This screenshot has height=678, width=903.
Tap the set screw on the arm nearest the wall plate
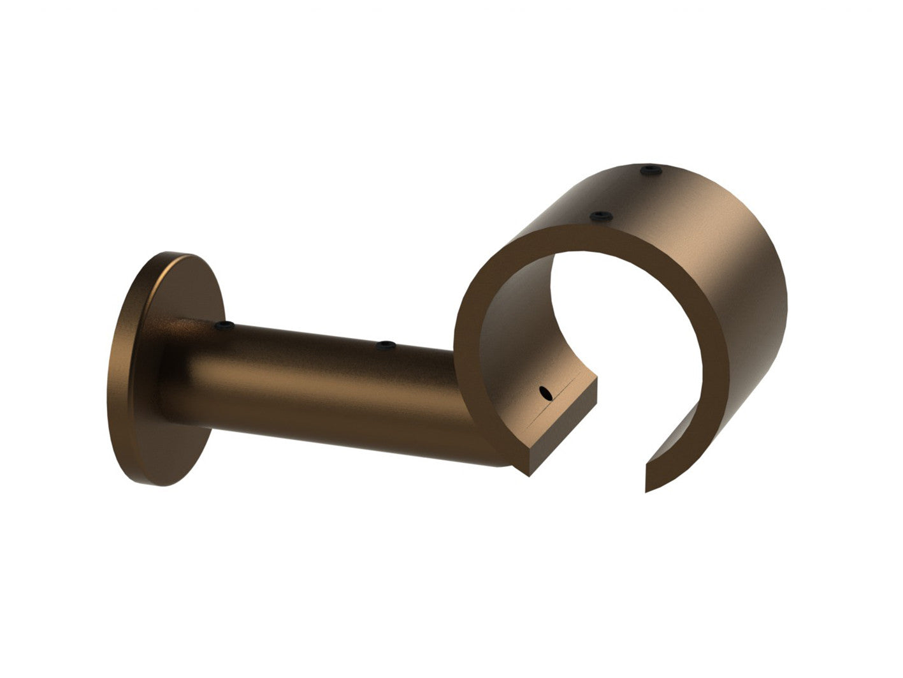[223, 326]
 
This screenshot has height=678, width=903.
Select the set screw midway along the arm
[385, 346]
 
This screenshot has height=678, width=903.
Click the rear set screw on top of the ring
[649, 170]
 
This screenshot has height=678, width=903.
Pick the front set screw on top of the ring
[600, 217]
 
